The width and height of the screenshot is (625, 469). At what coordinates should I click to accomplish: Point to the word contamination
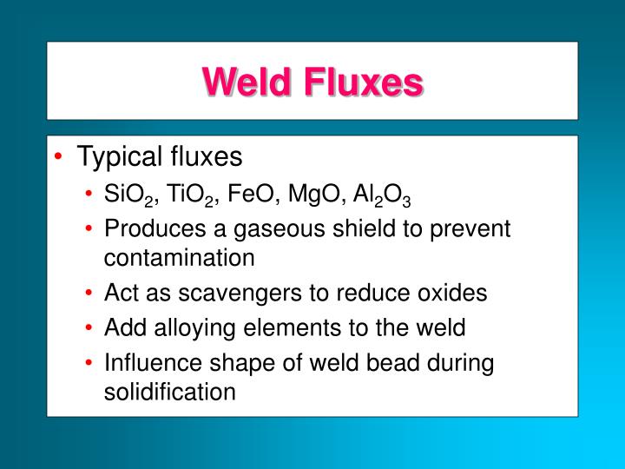[x=180, y=258]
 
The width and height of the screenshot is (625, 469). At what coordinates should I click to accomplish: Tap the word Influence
[x=145, y=362]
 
